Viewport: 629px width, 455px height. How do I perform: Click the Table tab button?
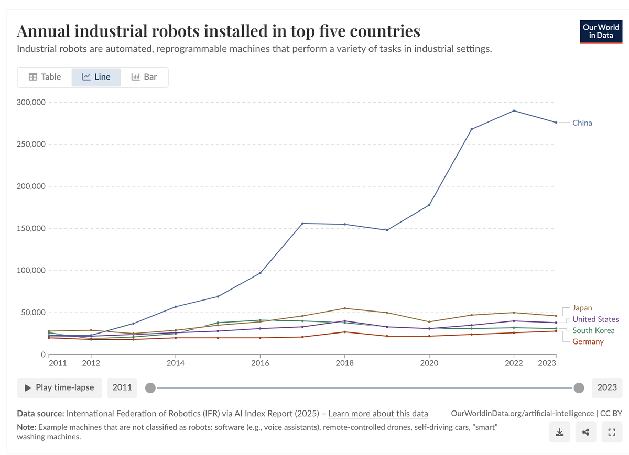click(x=45, y=77)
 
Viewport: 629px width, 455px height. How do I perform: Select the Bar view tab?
click(x=144, y=77)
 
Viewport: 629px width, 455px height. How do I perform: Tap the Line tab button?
click(x=96, y=77)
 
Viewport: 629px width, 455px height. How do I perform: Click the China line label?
click(x=582, y=123)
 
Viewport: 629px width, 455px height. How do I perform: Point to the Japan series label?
click(x=582, y=308)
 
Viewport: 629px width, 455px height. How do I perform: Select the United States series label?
click(x=595, y=319)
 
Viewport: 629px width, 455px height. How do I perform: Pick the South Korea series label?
click(x=593, y=330)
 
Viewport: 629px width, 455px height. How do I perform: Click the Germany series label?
click(x=588, y=341)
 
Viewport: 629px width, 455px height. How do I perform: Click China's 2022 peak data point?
click(x=514, y=110)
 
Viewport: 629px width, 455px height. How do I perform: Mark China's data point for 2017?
click(x=302, y=224)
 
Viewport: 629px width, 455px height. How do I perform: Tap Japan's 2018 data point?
click(x=345, y=308)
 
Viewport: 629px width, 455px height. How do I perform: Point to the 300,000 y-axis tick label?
click(x=31, y=102)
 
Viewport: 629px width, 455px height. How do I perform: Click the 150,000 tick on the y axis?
click(x=31, y=228)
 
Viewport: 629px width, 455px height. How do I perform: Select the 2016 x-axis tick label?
click(x=260, y=362)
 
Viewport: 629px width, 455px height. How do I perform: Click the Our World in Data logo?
click(x=600, y=31)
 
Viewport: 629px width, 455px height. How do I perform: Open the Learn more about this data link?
click(x=378, y=414)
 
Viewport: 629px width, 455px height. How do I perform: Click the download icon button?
click(x=560, y=432)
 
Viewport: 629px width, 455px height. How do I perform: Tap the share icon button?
click(x=585, y=432)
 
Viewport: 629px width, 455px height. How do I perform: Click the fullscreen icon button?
click(x=611, y=432)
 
